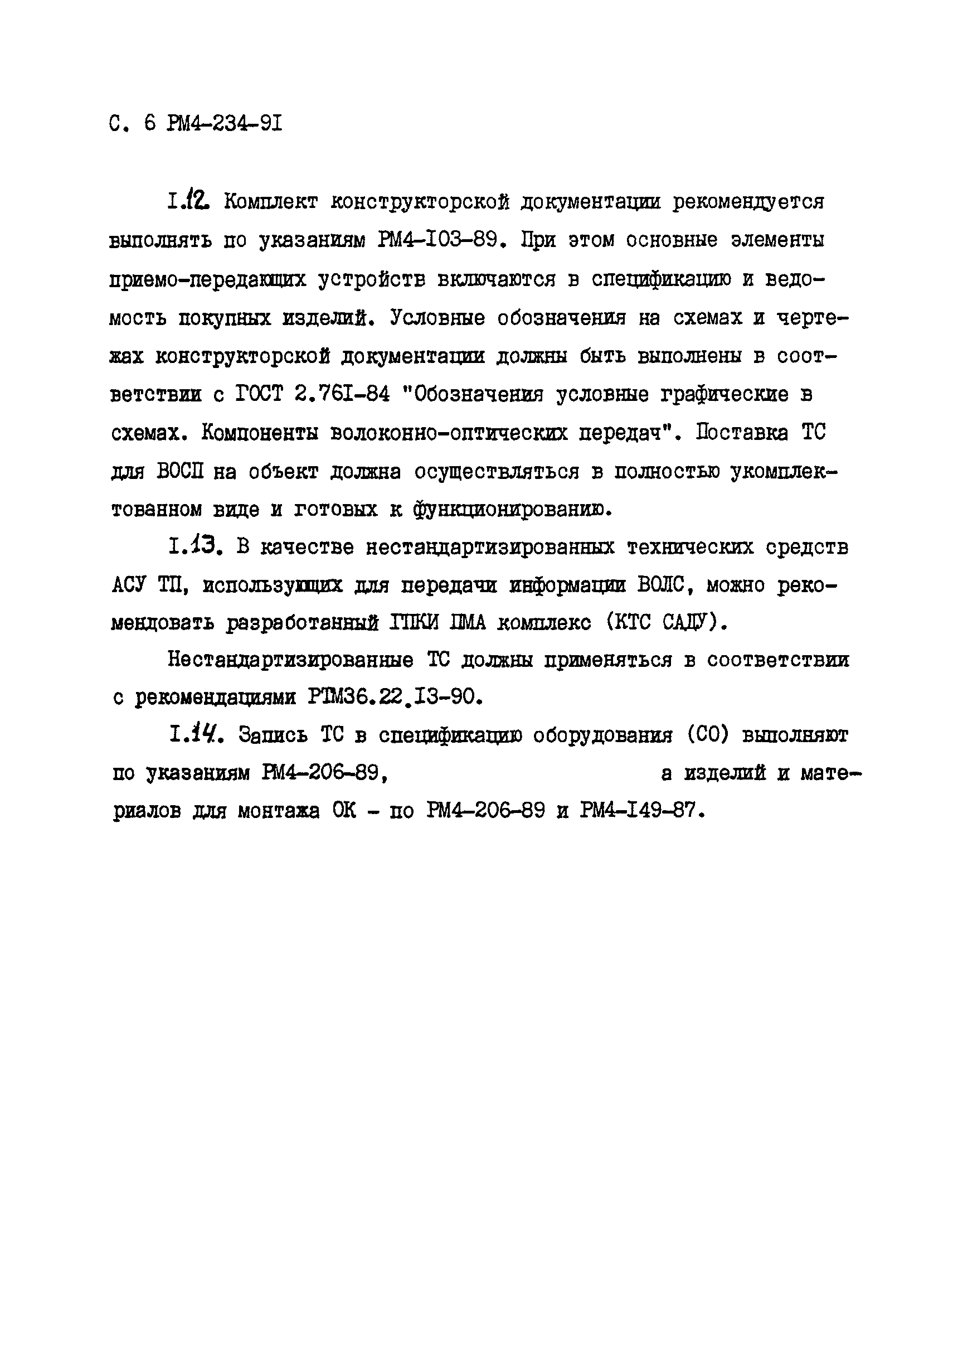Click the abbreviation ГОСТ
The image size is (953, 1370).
click(x=258, y=394)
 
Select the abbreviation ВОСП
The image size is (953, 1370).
click(x=180, y=472)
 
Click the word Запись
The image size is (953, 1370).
click(x=273, y=735)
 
